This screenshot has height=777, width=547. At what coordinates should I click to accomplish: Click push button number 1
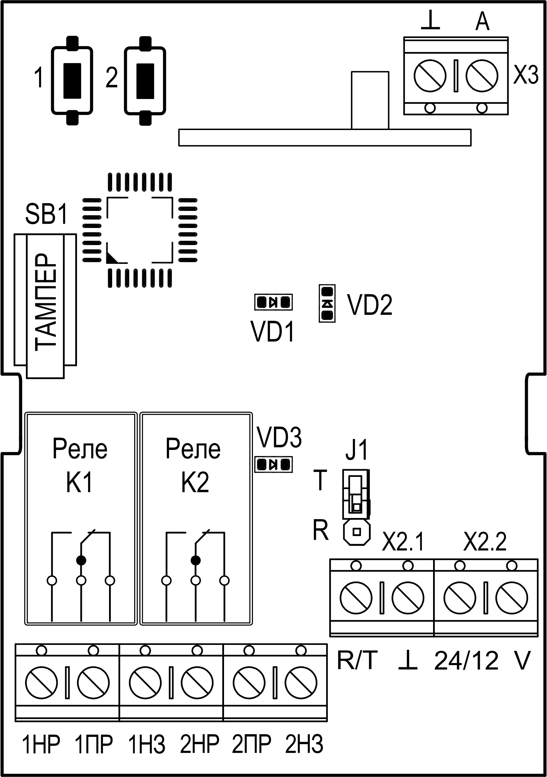72,81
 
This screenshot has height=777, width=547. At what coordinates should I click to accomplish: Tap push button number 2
145,81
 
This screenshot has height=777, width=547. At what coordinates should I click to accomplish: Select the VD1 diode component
273,302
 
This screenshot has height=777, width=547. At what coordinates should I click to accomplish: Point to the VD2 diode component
327,303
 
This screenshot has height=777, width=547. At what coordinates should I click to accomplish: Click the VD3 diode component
273,464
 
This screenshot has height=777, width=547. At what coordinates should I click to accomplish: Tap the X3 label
526,75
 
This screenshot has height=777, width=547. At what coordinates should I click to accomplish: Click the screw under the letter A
482,76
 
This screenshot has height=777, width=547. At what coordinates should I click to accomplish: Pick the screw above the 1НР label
41,680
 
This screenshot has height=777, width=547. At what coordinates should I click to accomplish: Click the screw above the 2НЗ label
301,680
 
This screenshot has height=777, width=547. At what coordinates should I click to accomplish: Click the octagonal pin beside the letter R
356,532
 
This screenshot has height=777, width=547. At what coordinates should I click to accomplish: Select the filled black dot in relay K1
81,560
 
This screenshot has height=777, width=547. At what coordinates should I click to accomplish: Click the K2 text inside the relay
195,483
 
